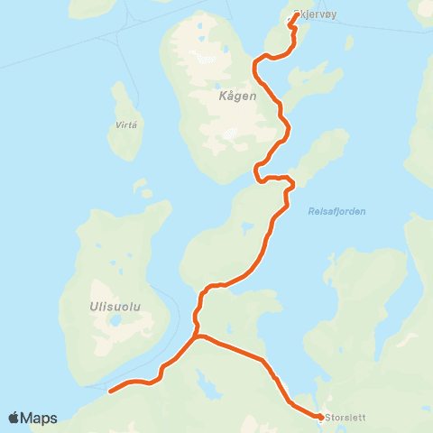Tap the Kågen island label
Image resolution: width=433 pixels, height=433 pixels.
click(x=237, y=95)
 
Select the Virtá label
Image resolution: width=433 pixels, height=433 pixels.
click(x=126, y=127)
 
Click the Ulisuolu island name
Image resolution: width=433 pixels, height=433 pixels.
click(x=114, y=308)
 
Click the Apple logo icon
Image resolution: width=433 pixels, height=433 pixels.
click(x=14, y=418)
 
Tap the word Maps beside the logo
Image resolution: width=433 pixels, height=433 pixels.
click(x=40, y=418)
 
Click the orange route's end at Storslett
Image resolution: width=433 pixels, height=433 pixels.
click(x=320, y=417)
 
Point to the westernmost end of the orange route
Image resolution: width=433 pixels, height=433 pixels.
click(x=110, y=392)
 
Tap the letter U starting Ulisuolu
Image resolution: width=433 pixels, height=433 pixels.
click(x=94, y=308)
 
